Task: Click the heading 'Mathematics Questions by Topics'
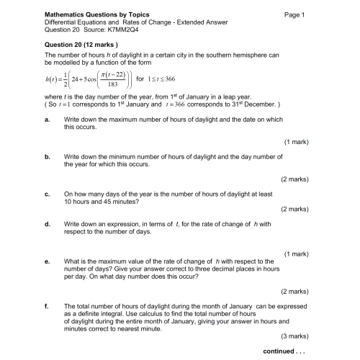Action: click(x=91, y=14)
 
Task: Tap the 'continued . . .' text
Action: click(x=287, y=351)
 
